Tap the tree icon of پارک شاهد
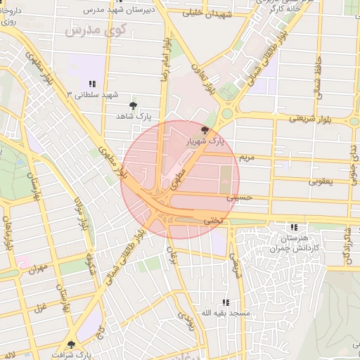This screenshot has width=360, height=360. [133, 105]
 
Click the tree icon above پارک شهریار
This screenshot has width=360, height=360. [205, 130]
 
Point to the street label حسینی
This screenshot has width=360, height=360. [238, 200]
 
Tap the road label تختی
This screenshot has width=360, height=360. [212, 220]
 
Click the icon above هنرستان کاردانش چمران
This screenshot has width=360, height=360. [294, 227]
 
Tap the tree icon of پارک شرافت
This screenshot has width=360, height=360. [71, 344]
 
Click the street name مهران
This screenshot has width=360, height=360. [38, 269]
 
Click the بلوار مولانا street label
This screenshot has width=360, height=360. [81, 211]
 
